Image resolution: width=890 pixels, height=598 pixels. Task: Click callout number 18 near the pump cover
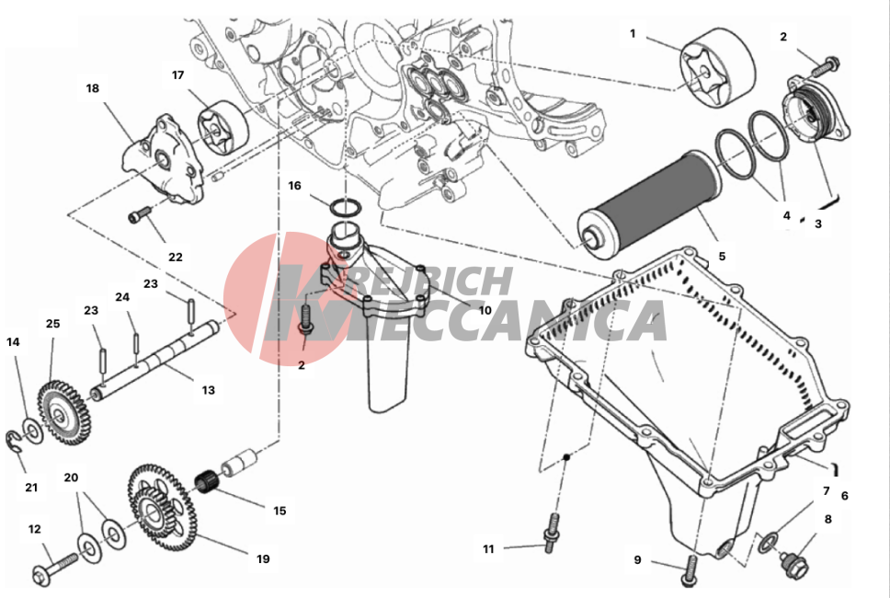click(x=92, y=89)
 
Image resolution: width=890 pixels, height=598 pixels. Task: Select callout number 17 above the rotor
click(x=178, y=75)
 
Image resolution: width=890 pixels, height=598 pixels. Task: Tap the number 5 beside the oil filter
click(x=722, y=257)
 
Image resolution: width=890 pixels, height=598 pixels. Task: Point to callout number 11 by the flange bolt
click(x=488, y=549)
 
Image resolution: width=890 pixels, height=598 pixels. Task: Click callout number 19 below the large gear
click(x=263, y=558)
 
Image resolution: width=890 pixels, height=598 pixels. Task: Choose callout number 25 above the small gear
click(x=52, y=324)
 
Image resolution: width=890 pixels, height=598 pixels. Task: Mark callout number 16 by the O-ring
click(x=294, y=186)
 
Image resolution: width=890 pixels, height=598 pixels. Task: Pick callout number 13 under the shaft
click(x=209, y=390)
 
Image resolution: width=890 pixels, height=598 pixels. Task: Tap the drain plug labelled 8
click(x=793, y=561)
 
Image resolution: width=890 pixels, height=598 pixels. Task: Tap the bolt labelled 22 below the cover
click(x=138, y=216)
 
